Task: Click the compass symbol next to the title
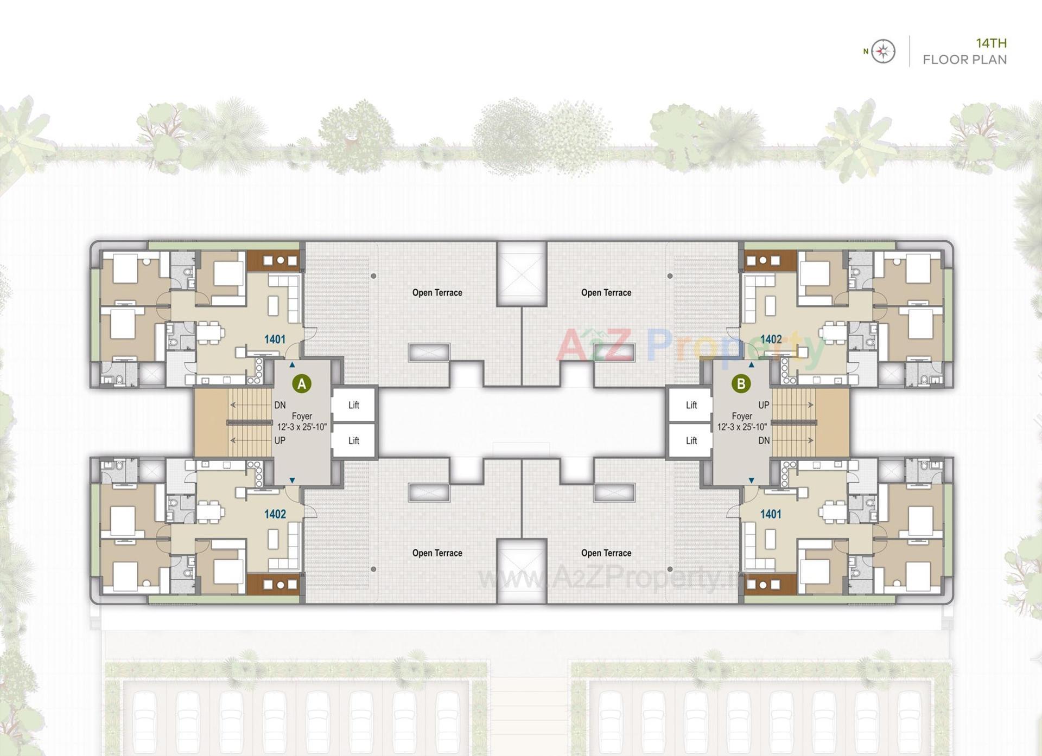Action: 883,52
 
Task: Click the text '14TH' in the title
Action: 991,43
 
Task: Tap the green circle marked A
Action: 302,384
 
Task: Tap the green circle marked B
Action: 741,384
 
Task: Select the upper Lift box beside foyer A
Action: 354,405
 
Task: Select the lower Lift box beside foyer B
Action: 691,440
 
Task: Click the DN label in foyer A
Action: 279,405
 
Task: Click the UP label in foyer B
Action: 764,405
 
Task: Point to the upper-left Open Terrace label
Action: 437,293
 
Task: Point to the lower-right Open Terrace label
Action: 606,553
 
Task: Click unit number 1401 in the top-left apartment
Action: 275,339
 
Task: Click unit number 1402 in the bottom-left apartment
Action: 275,514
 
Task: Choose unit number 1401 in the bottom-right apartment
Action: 771,514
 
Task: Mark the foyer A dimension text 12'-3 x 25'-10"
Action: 302,427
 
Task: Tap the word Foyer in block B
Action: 741,416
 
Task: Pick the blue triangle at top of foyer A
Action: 292,365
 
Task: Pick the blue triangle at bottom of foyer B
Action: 751,480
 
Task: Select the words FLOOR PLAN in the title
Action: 964,60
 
